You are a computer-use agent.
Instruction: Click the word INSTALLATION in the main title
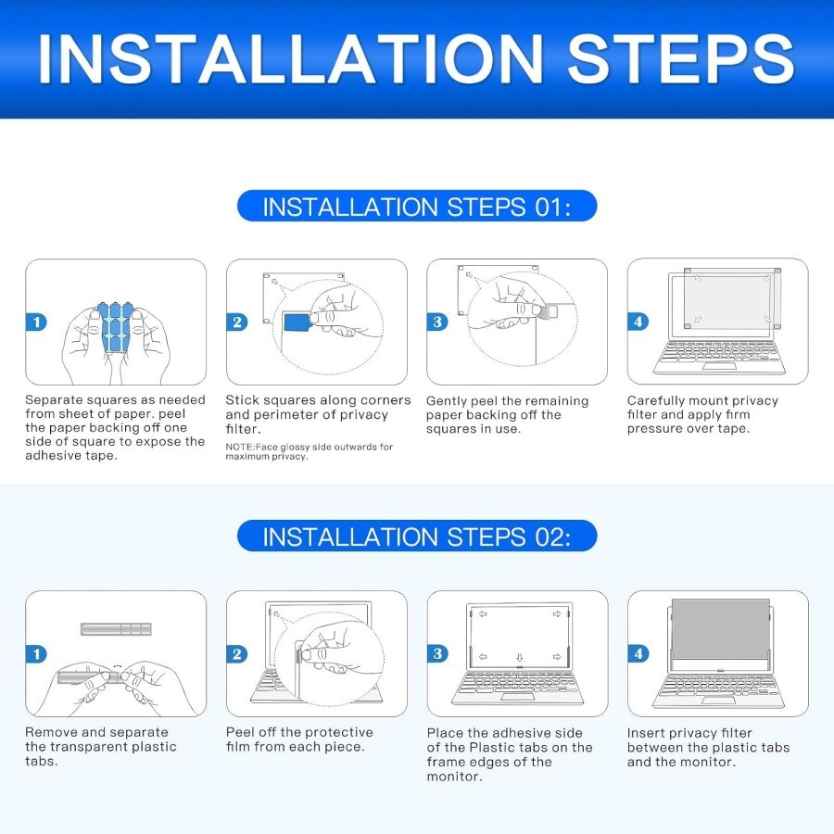point(290,58)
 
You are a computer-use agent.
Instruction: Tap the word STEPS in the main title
point(681,58)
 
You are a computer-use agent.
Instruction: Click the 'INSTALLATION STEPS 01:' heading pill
point(417,206)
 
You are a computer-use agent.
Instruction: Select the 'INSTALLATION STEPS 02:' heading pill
point(417,536)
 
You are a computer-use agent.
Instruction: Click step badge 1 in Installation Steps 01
point(36,322)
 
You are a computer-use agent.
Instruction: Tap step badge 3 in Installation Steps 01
point(437,322)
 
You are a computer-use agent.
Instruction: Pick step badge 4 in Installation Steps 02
point(638,653)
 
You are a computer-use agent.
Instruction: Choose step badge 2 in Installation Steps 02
point(236,653)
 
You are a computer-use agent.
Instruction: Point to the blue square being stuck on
point(297,322)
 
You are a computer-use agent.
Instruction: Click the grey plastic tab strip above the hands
point(116,629)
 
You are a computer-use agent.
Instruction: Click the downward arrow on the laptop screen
point(520,658)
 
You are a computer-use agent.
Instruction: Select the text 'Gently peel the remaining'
point(508,401)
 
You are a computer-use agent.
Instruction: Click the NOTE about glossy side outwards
point(309,451)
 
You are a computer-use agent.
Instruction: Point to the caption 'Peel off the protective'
point(299,732)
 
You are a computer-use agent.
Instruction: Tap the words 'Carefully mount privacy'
point(702,400)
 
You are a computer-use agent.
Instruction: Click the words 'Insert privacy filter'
point(689,733)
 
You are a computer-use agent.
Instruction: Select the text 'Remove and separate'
point(96,732)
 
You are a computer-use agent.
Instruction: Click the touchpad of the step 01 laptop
point(719,366)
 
